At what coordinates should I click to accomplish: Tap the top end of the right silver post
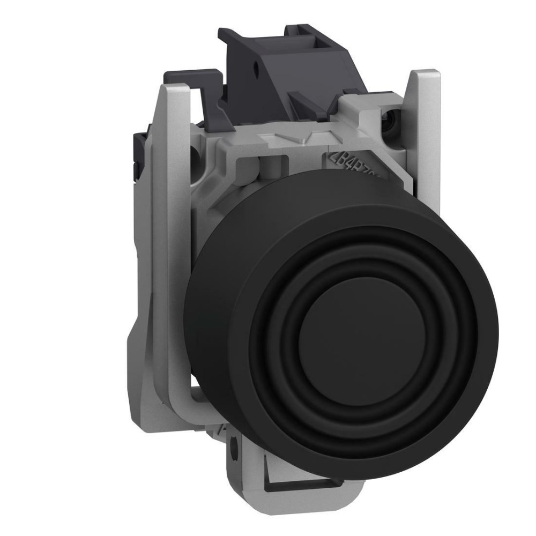[425, 75]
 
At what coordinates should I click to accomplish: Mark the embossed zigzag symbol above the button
[289, 140]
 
